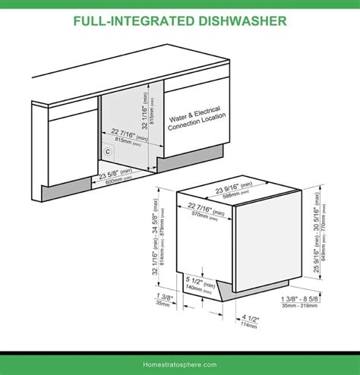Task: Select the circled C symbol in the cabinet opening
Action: pyautogui.click(x=109, y=151)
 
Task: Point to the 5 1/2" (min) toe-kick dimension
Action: pyautogui.click(x=200, y=281)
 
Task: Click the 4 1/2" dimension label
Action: pyautogui.click(x=251, y=319)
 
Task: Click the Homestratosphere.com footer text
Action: pyautogui.click(x=180, y=364)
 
